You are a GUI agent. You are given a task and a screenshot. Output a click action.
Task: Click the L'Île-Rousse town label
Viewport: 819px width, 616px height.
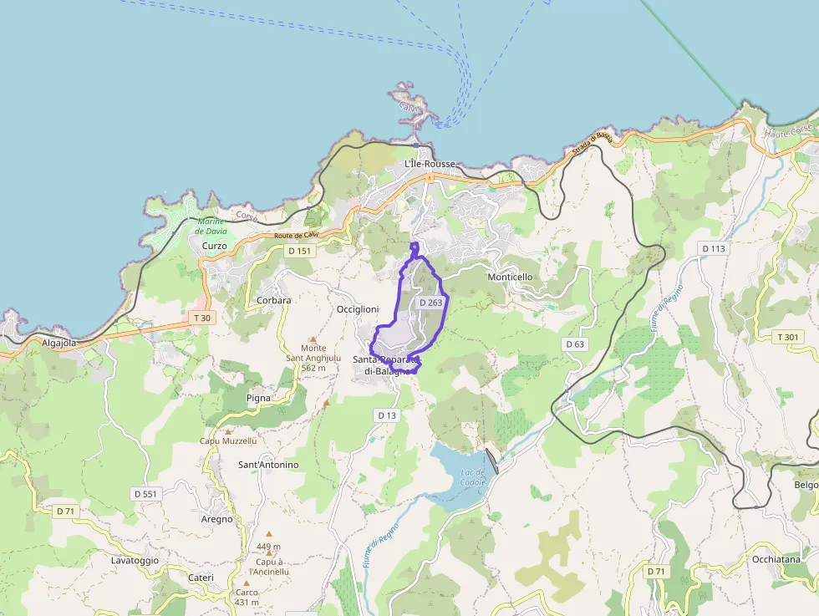pos(430,164)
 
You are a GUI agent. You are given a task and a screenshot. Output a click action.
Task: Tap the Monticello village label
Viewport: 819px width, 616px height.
pos(510,277)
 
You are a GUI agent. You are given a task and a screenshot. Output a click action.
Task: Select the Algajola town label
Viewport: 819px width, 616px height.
pos(58,343)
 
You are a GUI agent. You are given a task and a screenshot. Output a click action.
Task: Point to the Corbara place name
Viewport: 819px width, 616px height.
pos(274,300)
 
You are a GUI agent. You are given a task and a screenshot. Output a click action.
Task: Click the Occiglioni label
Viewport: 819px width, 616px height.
pos(358,308)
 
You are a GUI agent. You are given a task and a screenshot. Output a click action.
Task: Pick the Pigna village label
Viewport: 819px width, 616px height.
pos(258,398)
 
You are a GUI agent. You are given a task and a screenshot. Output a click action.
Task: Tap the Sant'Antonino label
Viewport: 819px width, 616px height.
pos(268,464)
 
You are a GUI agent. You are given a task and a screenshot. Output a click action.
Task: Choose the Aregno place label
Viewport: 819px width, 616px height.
pos(217,519)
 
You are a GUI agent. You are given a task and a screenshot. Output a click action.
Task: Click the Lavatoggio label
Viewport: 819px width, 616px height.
pos(135,560)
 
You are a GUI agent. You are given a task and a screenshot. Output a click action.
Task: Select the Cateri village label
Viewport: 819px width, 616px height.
pos(201,578)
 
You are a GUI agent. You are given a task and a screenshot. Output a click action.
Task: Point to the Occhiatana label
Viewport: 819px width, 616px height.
pos(776,559)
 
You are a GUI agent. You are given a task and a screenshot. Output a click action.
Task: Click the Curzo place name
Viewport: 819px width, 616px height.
pos(214,246)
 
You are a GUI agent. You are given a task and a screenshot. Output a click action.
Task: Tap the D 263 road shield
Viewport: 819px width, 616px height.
pos(430,303)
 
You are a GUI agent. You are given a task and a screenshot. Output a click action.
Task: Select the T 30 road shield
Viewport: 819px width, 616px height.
pos(201,318)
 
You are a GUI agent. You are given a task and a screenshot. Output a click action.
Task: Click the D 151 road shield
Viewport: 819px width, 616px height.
pos(299,251)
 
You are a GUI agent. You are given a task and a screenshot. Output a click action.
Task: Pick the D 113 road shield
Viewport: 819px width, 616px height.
pos(715,248)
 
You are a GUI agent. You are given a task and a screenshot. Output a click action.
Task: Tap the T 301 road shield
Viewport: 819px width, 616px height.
pos(788,337)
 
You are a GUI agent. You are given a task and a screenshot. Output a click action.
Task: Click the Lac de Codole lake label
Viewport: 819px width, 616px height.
pos(473,477)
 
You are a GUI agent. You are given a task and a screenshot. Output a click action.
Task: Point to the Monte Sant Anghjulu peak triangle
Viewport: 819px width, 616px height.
pos(312,339)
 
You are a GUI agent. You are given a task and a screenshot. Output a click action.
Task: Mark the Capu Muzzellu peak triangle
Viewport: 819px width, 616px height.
pos(227,431)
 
